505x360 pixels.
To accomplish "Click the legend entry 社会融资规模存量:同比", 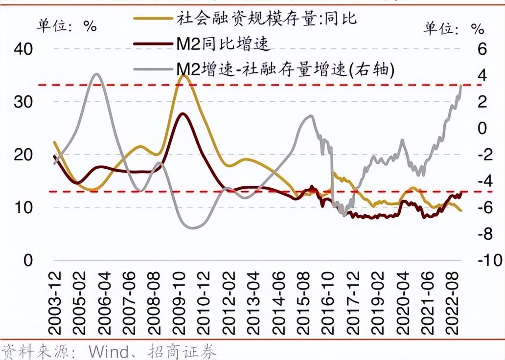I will coord(267,19).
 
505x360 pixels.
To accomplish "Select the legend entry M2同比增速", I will coord(223,45).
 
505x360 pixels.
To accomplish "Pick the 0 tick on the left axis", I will coord(27,260).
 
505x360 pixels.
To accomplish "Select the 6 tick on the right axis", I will coord(482,49).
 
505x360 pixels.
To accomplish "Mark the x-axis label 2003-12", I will coord(56,303).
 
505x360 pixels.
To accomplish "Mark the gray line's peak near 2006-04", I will coord(96,74).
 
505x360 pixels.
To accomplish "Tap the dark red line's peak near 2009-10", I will coord(183,113).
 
